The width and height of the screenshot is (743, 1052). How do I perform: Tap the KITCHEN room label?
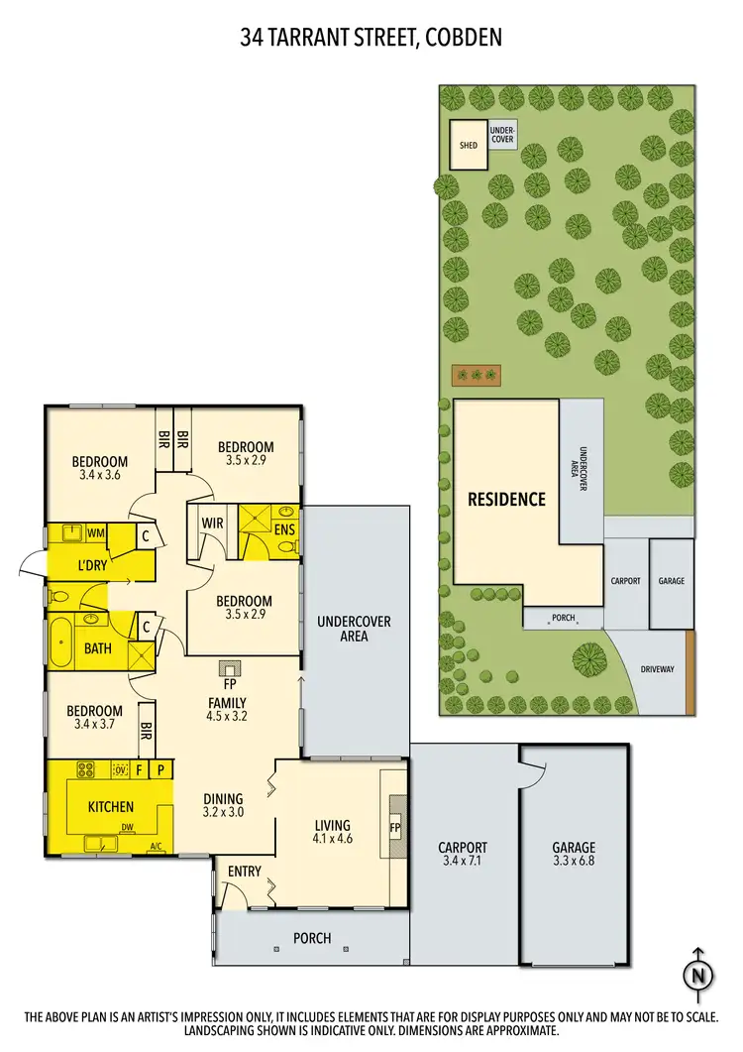[x=110, y=807]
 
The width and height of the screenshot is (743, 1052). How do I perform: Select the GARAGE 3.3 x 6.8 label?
[x=574, y=855]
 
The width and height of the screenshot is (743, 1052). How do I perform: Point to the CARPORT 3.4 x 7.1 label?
[x=463, y=855]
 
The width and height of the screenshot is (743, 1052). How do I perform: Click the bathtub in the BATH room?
[x=60, y=641]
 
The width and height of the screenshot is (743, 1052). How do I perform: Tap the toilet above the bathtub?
[x=60, y=597]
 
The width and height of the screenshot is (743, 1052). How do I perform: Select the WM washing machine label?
[x=95, y=533]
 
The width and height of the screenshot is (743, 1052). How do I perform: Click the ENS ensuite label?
[x=285, y=529]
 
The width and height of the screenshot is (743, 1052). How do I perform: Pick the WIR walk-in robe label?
[x=211, y=522]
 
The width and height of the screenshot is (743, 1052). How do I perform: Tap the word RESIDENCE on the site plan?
[x=506, y=499]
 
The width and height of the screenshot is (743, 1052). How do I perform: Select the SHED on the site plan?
[x=468, y=146]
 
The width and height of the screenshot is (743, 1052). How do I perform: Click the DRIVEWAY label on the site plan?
[x=656, y=669]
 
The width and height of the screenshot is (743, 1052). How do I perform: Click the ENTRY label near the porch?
[x=244, y=872]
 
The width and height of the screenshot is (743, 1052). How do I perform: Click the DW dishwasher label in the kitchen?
[x=126, y=831]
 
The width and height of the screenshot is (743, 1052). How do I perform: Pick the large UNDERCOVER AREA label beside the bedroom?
[x=354, y=629]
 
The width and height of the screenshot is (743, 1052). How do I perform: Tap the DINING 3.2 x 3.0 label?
[x=223, y=805]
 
